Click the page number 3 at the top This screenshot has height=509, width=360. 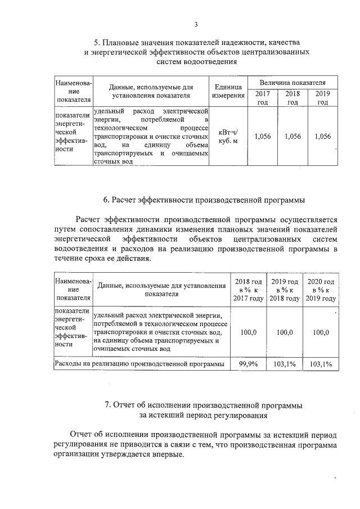[x=196, y=24]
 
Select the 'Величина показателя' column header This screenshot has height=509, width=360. [x=292, y=83]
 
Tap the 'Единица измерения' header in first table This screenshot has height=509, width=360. [x=228, y=91]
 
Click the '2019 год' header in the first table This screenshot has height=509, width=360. [x=322, y=97]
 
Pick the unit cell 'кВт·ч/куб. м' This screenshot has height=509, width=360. [x=228, y=136]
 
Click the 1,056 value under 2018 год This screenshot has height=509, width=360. [x=292, y=136]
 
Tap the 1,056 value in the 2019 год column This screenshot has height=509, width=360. [x=322, y=136]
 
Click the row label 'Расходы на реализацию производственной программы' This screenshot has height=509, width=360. [x=139, y=364]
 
